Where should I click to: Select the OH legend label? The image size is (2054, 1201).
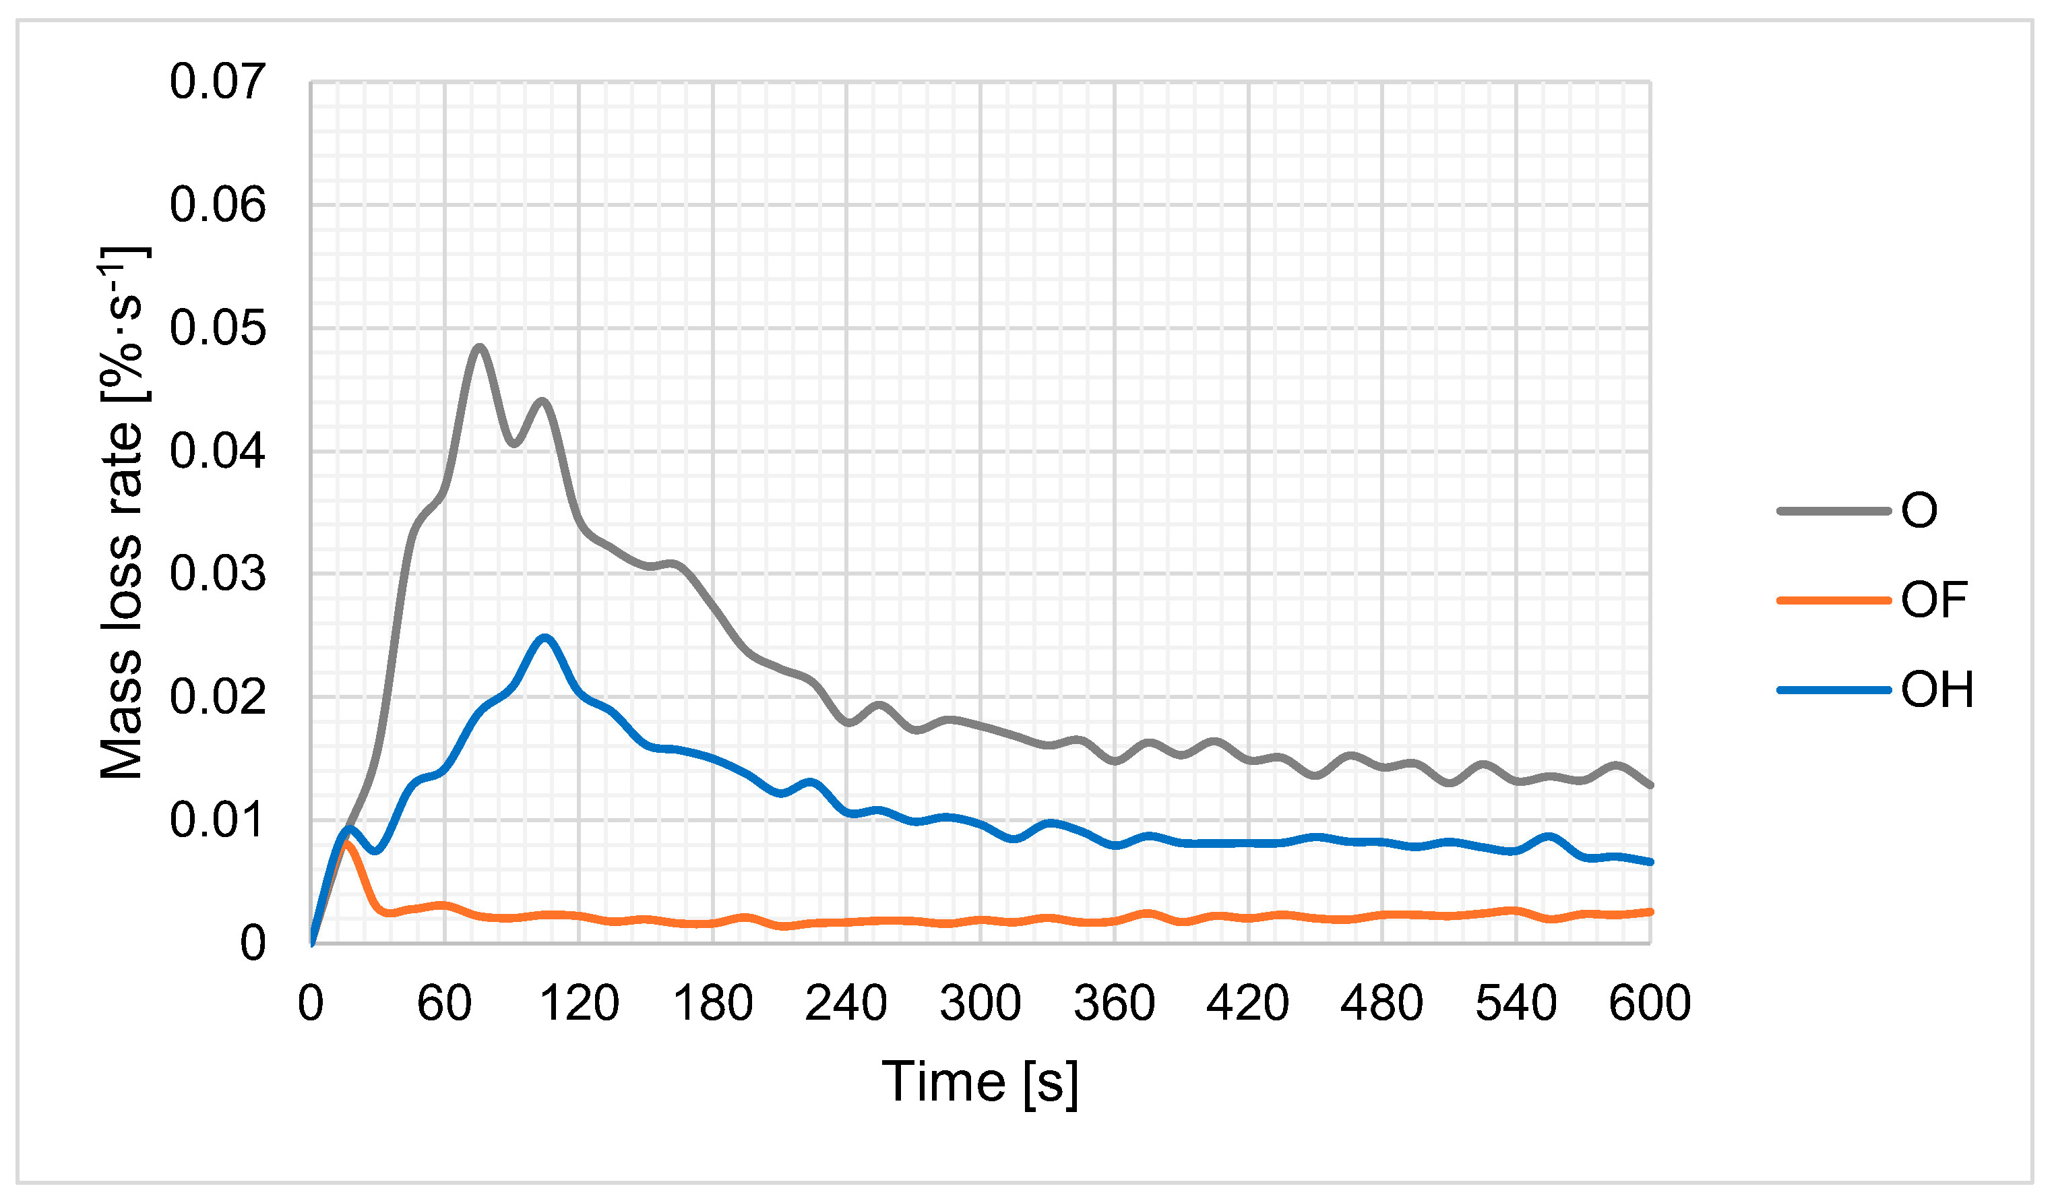click(1937, 689)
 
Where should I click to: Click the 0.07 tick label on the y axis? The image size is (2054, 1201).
click(218, 82)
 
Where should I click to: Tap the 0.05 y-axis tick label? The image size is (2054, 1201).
click(218, 329)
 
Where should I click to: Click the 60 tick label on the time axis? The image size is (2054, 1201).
click(444, 1003)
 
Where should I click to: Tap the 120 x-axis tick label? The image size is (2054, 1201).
click(579, 1003)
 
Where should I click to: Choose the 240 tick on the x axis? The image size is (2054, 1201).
click(846, 1003)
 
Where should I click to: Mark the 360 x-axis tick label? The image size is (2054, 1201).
click(1114, 1003)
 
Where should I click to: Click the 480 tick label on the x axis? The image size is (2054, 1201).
click(1381, 1003)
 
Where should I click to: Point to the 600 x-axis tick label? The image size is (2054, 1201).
click(1650, 1003)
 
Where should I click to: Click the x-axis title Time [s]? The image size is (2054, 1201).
click(980, 1082)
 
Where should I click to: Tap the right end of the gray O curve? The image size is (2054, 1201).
click(1650, 785)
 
